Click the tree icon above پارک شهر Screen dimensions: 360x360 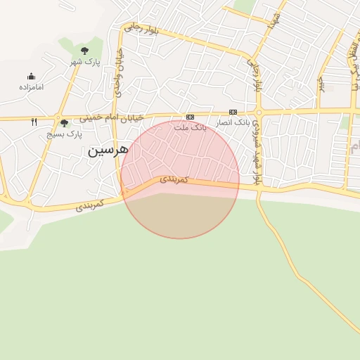(85, 51)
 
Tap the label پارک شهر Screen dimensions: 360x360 (85, 62)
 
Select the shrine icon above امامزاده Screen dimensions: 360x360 (31, 76)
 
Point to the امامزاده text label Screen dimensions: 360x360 (31, 87)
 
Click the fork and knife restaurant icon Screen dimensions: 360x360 (34, 122)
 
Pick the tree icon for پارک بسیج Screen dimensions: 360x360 (65, 123)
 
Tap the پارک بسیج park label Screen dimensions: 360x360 (65, 134)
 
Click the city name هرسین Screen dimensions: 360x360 (107, 150)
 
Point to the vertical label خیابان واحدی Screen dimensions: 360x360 (120, 70)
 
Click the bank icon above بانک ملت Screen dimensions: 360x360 (190, 117)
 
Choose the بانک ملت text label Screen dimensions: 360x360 (190, 128)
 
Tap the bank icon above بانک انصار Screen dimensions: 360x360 (233, 112)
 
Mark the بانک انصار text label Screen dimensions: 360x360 (233, 123)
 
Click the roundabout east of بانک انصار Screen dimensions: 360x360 (259, 112)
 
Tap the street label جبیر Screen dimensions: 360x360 (321, 84)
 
